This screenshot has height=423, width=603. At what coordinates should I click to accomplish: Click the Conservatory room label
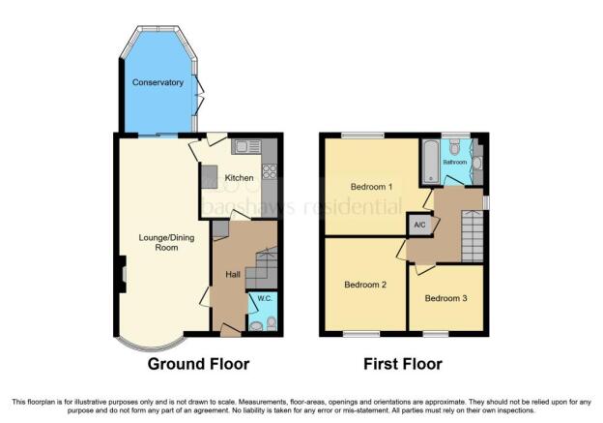[158, 82]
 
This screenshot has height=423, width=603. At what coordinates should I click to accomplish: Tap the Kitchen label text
[239, 178]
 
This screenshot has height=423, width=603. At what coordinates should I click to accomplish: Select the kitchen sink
[246, 147]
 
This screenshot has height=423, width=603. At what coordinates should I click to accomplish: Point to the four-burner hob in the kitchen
[270, 171]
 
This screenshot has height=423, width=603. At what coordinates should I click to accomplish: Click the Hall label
[233, 274]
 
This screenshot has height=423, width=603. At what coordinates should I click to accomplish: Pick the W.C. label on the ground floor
[265, 298]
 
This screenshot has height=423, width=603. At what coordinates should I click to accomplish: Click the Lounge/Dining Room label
[166, 242]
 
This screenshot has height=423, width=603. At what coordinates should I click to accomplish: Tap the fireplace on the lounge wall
[123, 274]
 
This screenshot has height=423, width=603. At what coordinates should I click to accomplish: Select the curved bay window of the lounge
[150, 347]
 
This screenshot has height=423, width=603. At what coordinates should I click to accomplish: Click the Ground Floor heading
[198, 364]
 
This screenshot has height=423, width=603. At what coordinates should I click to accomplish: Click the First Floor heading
[403, 364]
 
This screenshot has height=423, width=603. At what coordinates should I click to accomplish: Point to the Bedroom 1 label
[371, 187]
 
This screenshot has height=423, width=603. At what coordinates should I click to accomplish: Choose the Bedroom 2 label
[365, 286]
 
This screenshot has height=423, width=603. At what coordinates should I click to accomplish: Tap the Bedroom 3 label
[445, 298]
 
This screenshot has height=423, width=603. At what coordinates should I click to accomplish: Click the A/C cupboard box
[419, 225]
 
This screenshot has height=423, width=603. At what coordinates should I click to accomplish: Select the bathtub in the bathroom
[431, 161]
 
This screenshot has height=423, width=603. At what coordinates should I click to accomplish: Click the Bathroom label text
[455, 163]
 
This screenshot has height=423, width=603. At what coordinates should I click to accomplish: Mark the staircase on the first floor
[473, 236]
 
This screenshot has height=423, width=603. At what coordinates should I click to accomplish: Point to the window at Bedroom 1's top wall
[363, 136]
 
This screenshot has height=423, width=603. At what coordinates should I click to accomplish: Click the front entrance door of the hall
[231, 330]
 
